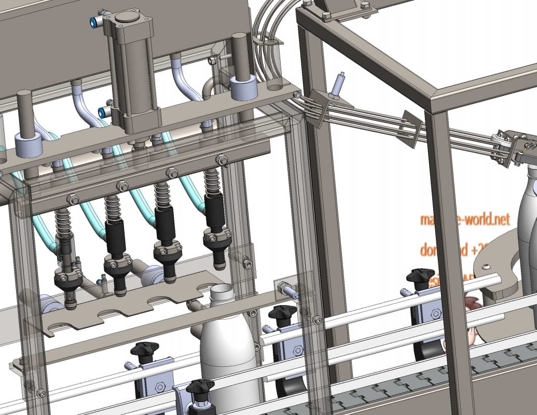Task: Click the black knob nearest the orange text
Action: (420, 275)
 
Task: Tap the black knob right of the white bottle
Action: (282, 313)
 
